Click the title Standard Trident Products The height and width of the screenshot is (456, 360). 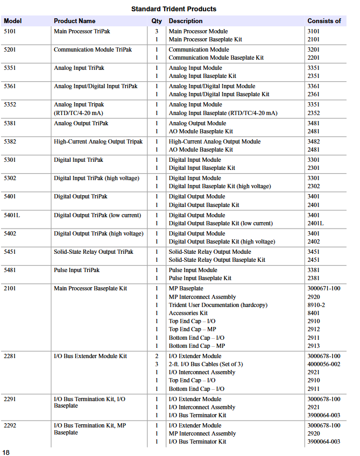click(x=173, y=9)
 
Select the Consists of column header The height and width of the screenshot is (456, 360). click(x=324, y=21)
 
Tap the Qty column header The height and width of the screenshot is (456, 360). click(x=156, y=21)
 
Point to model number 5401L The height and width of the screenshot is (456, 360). click(x=13, y=215)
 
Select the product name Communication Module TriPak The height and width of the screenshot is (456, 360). click(x=93, y=49)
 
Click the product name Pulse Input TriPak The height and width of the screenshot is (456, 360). click(x=76, y=270)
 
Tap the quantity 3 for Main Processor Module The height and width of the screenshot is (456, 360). click(x=157, y=31)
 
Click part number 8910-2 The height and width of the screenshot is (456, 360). click(x=316, y=305)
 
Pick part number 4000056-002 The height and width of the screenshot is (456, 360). click(x=323, y=364)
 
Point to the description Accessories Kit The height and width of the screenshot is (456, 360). click(x=188, y=313)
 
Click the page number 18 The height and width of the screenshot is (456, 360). click(x=6, y=452)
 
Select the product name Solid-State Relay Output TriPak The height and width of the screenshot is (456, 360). click(x=93, y=252)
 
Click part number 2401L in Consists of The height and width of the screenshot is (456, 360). click(x=316, y=223)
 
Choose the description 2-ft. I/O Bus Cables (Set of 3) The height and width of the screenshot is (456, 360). click(x=206, y=364)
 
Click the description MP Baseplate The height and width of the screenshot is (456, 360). click(x=186, y=288)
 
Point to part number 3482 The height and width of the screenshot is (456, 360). click(x=313, y=141)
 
